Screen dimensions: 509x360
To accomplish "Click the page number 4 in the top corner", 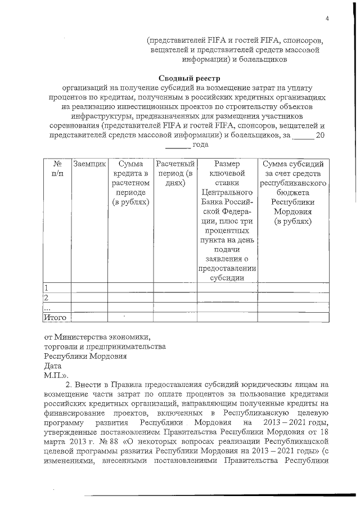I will (x=326, y=20).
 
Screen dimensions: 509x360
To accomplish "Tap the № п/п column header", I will (x=57, y=169).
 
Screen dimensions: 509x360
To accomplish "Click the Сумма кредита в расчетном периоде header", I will (x=130, y=183).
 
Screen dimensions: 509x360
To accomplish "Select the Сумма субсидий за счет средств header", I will (x=292, y=192).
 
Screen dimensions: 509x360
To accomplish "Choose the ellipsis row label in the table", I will (x=47, y=307).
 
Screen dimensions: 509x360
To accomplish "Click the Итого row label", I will (x=55, y=317).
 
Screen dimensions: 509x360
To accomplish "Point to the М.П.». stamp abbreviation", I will (x=56, y=374).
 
